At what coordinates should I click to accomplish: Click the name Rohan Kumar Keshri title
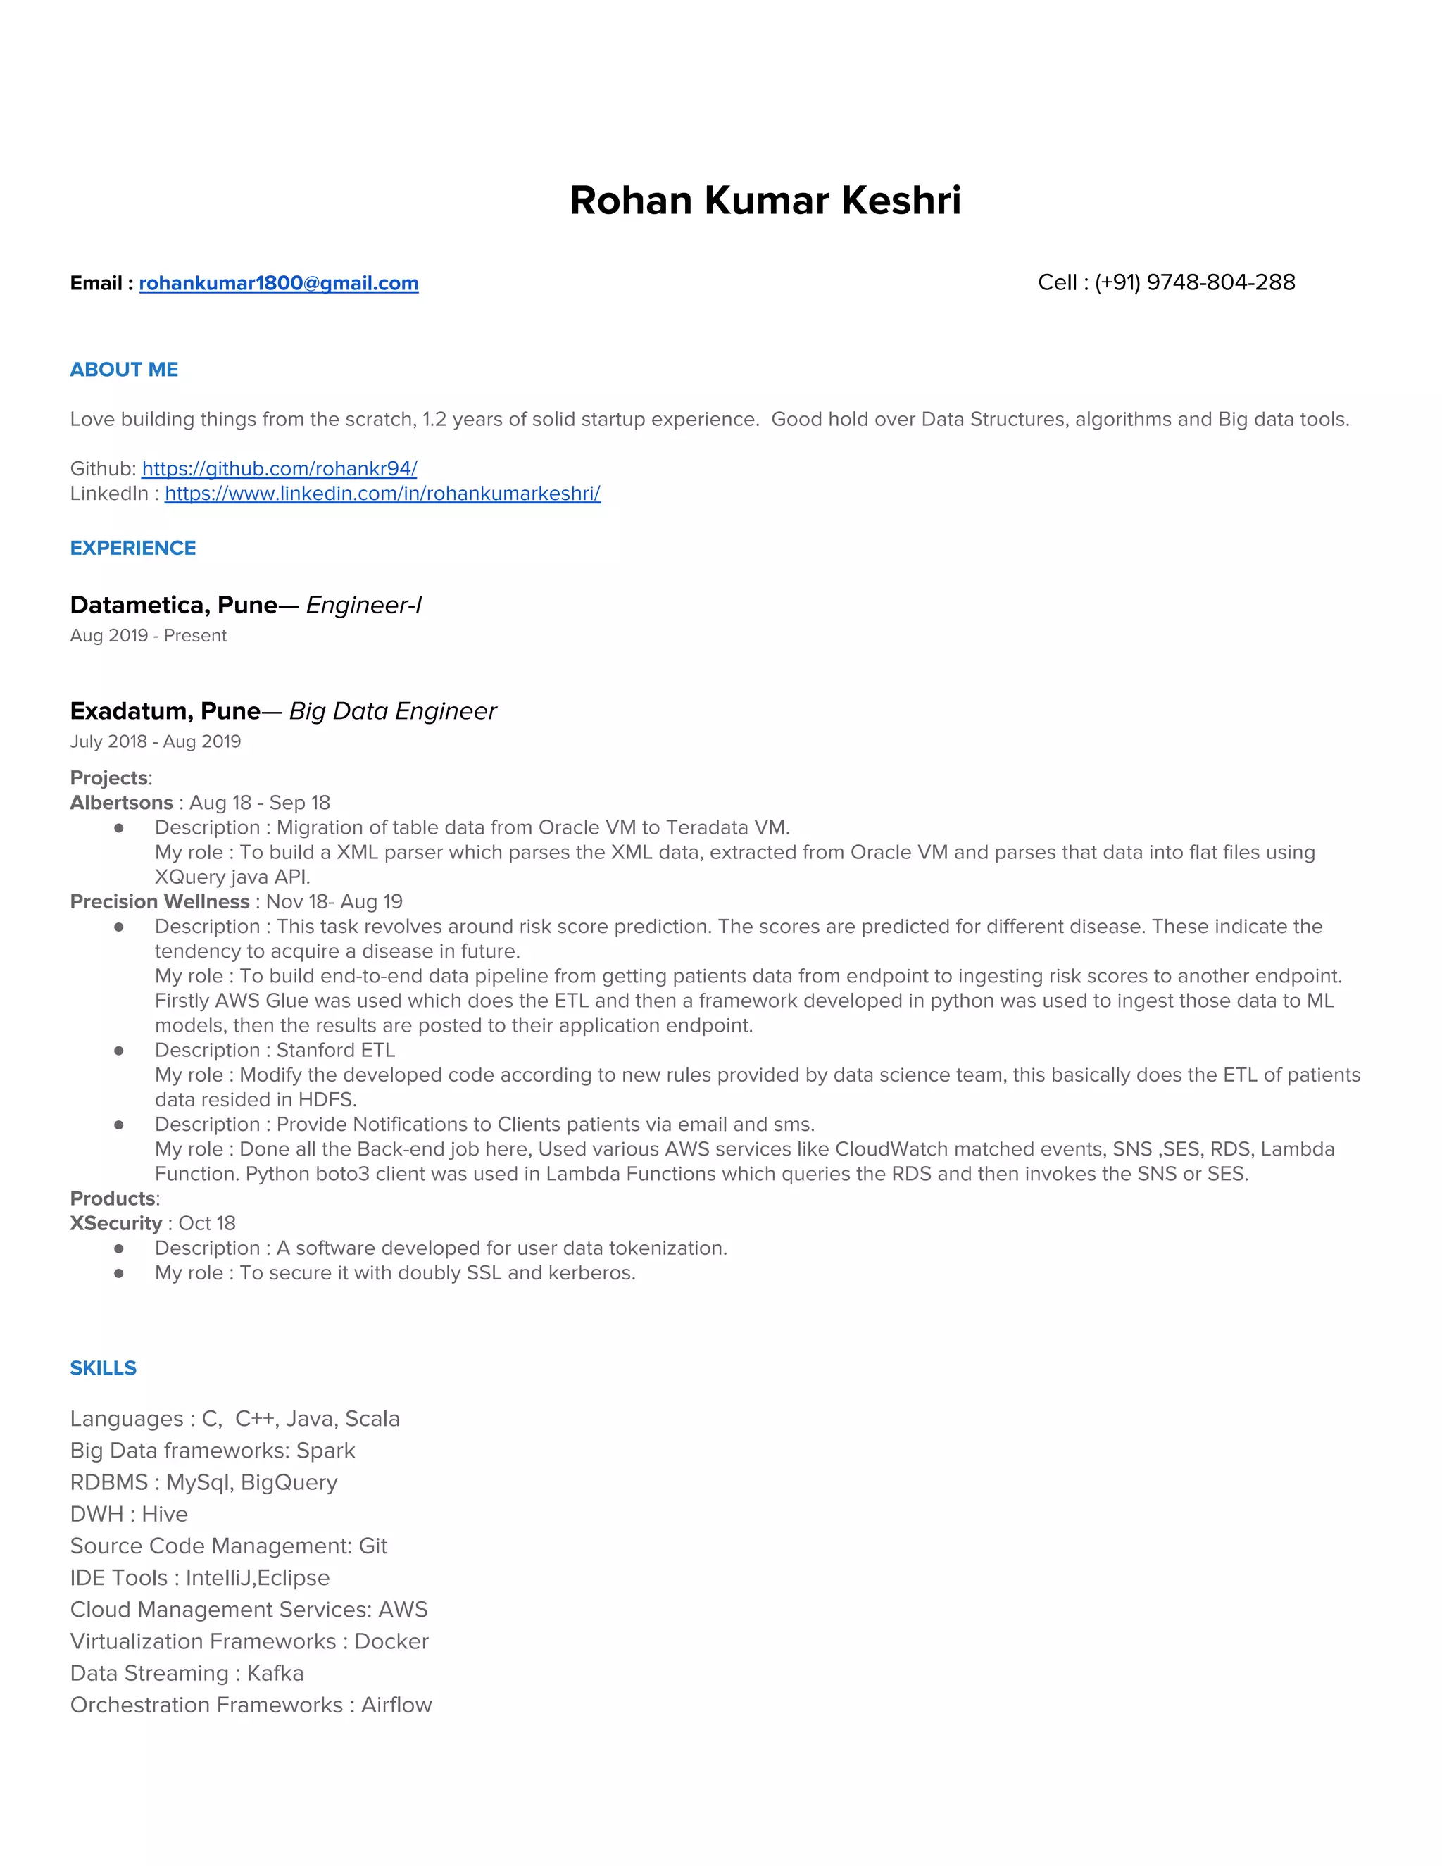click(x=765, y=201)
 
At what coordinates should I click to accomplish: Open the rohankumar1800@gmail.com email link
click(x=279, y=284)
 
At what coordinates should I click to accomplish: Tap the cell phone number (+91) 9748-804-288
click(x=1194, y=283)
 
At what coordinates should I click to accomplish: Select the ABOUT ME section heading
click(x=124, y=370)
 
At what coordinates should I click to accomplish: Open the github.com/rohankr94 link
click(x=280, y=469)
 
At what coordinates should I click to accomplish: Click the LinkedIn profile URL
click(x=383, y=494)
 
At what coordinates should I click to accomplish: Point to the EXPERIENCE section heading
click(x=132, y=549)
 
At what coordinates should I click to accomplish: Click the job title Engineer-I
click(x=364, y=606)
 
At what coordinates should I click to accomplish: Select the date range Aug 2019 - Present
click(x=148, y=636)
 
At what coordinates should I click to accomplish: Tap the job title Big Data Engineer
click(x=393, y=712)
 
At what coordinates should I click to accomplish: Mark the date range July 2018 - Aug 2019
click(x=155, y=741)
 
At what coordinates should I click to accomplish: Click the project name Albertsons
click(x=121, y=803)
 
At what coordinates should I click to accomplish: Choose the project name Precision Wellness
click(x=160, y=902)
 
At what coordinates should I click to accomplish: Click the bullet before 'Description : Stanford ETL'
click(x=119, y=1051)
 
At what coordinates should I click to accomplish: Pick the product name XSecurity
click(x=115, y=1224)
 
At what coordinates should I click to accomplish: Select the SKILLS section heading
click(x=103, y=1368)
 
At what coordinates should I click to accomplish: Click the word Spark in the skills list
click(x=325, y=1451)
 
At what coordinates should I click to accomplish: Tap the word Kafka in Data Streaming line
click(x=275, y=1674)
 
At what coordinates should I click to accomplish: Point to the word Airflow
click(x=396, y=1705)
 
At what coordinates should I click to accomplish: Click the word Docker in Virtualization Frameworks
click(x=391, y=1642)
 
